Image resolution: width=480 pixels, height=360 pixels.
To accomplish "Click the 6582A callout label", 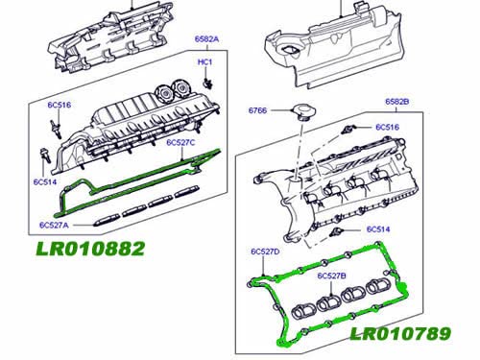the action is [x=206, y=39].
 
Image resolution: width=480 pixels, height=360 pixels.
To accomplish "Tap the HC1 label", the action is [x=204, y=61].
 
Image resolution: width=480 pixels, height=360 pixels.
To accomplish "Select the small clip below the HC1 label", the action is [x=208, y=83].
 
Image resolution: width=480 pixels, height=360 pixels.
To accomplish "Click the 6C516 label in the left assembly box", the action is [x=60, y=105].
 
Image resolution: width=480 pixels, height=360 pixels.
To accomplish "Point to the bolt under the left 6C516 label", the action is [x=56, y=128].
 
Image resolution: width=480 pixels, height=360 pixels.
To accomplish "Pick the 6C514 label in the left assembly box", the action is [x=45, y=181].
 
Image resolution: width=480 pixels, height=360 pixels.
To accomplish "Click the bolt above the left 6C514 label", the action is [x=45, y=156].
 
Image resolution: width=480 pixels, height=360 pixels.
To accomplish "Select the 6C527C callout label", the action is [x=180, y=142].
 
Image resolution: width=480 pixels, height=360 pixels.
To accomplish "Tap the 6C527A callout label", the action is [x=54, y=225].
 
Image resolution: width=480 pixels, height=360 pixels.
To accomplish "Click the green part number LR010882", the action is [x=90, y=249].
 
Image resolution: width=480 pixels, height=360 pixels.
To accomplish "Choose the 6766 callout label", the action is [x=257, y=110].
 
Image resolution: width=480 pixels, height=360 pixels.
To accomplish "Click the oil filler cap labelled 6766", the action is [x=303, y=112].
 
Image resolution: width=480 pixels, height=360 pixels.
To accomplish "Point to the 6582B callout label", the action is [x=397, y=102].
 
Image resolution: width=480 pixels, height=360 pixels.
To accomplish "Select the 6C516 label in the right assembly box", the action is [x=387, y=127].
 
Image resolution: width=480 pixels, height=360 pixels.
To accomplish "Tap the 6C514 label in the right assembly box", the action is [x=378, y=229].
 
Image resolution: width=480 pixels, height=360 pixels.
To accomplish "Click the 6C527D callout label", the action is [x=265, y=252].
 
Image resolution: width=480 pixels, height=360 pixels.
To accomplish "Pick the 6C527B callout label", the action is [x=331, y=276].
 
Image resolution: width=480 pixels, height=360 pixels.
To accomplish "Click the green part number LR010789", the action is [x=400, y=334].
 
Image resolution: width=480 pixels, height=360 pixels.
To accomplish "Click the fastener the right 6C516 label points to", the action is [x=347, y=130].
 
